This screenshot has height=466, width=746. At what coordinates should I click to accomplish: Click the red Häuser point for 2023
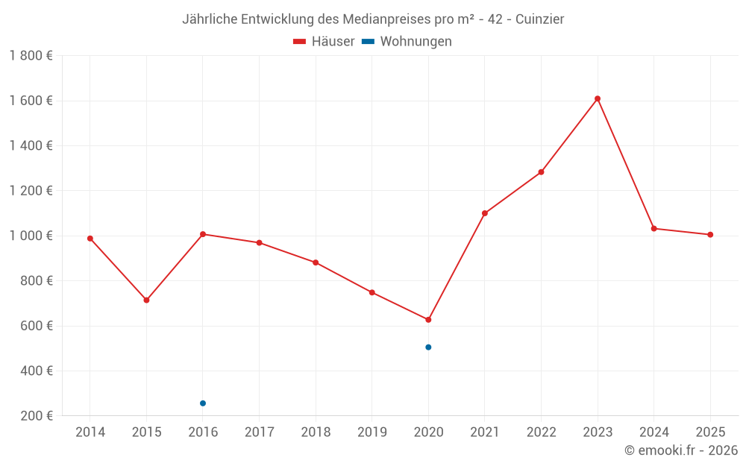click(598, 98)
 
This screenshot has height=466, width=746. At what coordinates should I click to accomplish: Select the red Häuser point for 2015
click(146, 300)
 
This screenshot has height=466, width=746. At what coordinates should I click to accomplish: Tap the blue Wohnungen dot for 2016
click(203, 403)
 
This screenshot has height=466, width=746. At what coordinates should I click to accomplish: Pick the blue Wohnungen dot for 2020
click(428, 347)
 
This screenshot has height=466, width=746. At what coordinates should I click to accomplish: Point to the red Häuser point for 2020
click(428, 320)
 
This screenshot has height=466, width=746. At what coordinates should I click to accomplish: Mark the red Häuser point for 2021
click(485, 213)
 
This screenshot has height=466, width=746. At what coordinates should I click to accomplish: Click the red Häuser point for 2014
click(90, 239)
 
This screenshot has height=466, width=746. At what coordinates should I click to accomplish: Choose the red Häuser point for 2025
click(710, 235)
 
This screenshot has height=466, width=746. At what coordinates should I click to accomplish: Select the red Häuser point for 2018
click(316, 262)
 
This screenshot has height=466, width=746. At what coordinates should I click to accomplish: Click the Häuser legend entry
click(325, 42)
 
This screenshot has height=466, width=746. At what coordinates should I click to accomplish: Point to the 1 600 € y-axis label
click(31, 101)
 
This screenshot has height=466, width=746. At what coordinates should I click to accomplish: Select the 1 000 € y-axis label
click(31, 236)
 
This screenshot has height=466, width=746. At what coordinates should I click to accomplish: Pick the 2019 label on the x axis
click(372, 432)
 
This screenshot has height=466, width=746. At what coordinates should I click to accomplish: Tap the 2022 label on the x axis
click(541, 432)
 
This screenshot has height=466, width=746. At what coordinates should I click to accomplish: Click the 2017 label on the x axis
click(259, 432)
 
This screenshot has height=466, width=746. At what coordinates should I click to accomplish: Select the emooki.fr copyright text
click(681, 450)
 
